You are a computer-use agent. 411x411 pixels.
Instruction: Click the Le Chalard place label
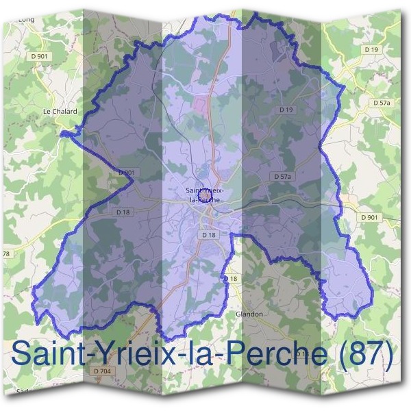(x=60, y=110)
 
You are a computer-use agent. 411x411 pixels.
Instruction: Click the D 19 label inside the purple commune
(x=286, y=110)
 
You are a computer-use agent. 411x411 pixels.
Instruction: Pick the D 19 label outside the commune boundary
(x=372, y=49)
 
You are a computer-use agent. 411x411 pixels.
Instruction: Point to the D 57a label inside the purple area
(x=283, y=176)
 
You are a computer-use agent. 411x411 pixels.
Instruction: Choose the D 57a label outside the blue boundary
(x=382, y=102)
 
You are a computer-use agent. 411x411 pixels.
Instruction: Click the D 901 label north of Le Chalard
(x=39, y=56)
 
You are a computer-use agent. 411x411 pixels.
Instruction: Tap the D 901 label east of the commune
(x=369, y=217)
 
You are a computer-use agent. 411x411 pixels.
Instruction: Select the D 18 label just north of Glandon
(x=231, y=279)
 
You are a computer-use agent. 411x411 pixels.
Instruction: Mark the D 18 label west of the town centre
(x=123, y=212)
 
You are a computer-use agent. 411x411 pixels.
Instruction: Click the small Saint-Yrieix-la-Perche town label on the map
(x=203, y=194)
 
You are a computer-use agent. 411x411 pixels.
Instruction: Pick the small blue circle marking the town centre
(x=204, y=195)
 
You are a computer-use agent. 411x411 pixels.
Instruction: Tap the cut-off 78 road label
(x=6, y=254)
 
